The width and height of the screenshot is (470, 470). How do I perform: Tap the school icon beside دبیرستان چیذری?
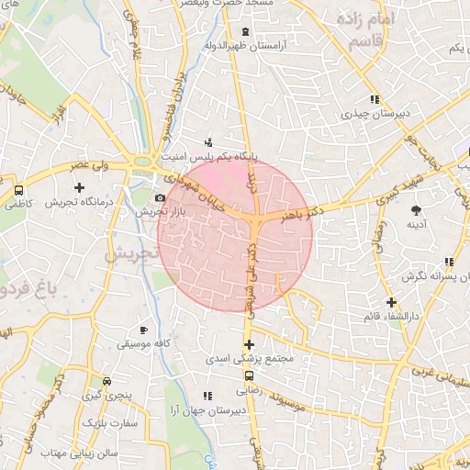pyautogui.click(x=374, y=99)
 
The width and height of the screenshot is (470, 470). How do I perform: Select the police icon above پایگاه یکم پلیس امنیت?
pyautogui.click(x=209, y=141)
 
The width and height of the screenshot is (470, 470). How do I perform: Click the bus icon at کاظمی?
pyautogui.click(x=18, y=190)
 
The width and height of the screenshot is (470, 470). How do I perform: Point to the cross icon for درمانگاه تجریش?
pyautogui.click(x=80, y=187)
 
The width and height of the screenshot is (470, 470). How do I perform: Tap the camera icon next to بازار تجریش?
pyautogui.click(x=161, y=198)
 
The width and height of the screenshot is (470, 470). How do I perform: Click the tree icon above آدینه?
pyautogui.click(x=416, y=211)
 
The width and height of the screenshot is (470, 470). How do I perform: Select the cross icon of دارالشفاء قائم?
pyautogui.click(x=391, y=302)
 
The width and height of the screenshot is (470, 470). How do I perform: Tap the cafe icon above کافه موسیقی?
pyautogui.click(x=142, y=330)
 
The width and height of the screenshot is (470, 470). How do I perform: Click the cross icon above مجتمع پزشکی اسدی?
pyautogui.click(x=248, y=344)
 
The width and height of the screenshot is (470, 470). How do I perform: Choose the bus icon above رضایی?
pyautogui.click(x=248, y=375)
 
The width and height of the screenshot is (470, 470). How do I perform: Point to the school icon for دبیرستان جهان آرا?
pyautogui.click(x=207, y=396)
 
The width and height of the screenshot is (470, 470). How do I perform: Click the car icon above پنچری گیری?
pyautogui.click(x=107, y=381)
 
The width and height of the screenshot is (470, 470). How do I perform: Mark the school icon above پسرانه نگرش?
pyautogui.click(x=450, y=262)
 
